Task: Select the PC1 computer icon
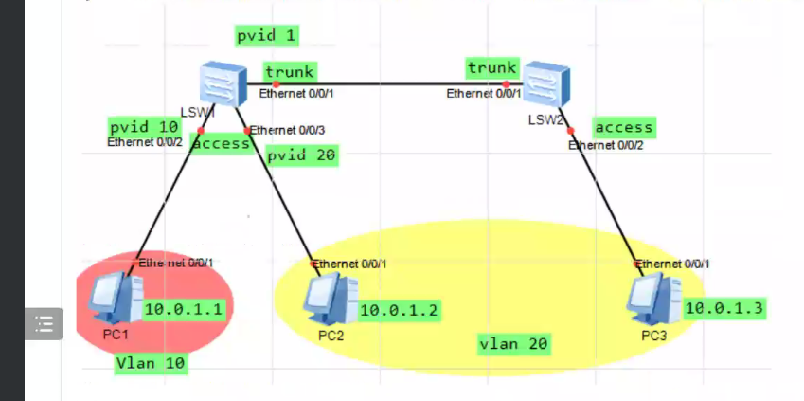tap(115, 298)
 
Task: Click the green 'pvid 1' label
tap(267, 37)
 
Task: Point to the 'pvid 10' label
tap(143, 126)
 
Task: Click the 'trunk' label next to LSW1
tap(290, 71)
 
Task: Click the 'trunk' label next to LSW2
tap(492, 67)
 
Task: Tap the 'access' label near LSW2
tap(623, 126)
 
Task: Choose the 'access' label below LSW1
tap(221, 143)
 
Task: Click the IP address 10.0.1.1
tap(183, 309)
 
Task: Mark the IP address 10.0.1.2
tap(400, 309)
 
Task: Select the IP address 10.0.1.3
tap(724, 307)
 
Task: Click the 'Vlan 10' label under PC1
tap(151, 363)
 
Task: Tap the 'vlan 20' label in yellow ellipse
tap(514, 343)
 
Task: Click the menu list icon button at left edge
tap(43, 323)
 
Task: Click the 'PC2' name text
tap(331, 335)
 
